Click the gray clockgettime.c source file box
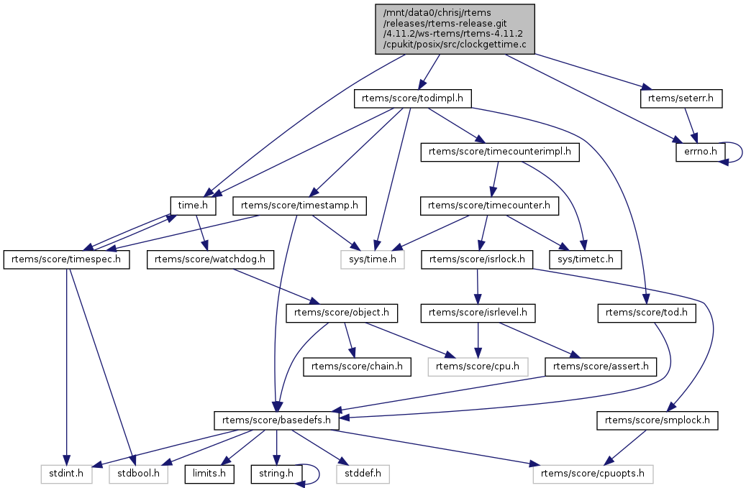(455, 29)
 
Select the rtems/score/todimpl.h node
(412, 98)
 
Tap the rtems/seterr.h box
(681, 98)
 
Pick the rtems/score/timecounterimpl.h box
(499, 152)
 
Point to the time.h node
(193, 206)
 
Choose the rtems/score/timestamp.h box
(299, 206)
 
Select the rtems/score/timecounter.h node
(489, 206)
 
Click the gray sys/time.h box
(373, 259)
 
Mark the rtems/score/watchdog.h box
(210, 259)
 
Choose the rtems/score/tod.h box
(646, 313)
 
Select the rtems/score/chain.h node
(358, 367)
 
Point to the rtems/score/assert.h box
(601, 367)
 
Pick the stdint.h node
(65, 474)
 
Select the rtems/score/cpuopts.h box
(593, 474)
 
